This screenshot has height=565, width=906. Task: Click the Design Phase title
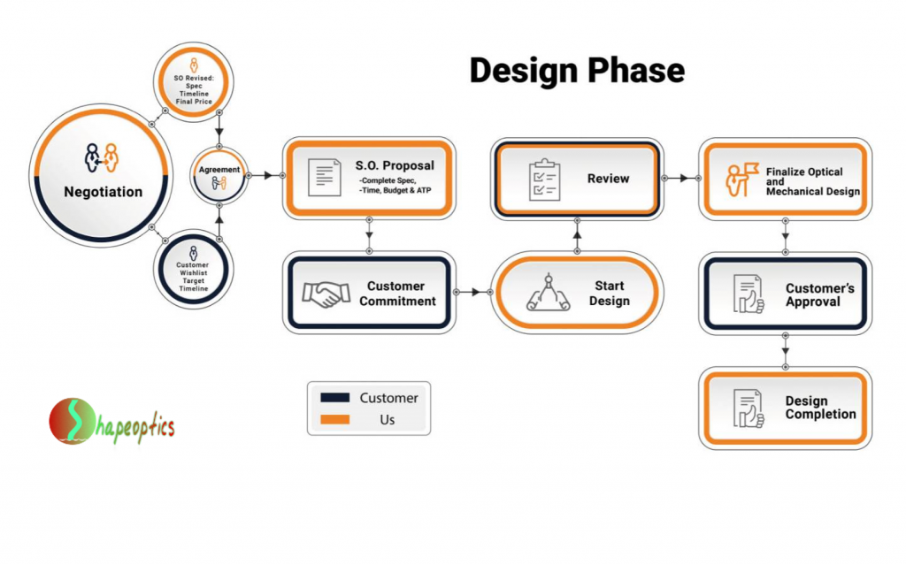[x=576, y=70]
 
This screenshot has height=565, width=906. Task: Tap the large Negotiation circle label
[x=103, y=192]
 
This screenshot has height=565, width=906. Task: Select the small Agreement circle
[x=219, y=175]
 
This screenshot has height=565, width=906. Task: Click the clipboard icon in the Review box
[x=543, y=179]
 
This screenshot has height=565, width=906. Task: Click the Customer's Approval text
[x=820, y=294]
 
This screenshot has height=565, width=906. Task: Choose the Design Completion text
[x=820, y=408]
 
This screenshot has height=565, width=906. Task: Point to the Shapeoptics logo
[x=111, y=422]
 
